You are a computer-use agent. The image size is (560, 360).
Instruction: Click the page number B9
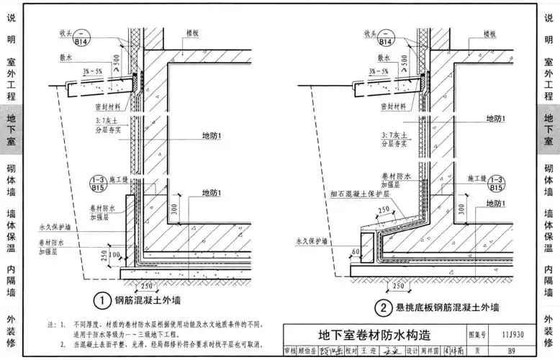(510, 351)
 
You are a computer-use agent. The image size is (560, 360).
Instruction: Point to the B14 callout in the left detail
(85, 37)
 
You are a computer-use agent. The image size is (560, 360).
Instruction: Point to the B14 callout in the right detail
(384, 37)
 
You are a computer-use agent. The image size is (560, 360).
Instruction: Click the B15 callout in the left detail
(98, 184)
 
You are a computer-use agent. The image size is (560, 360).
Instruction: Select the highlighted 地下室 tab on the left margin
(11, 129)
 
